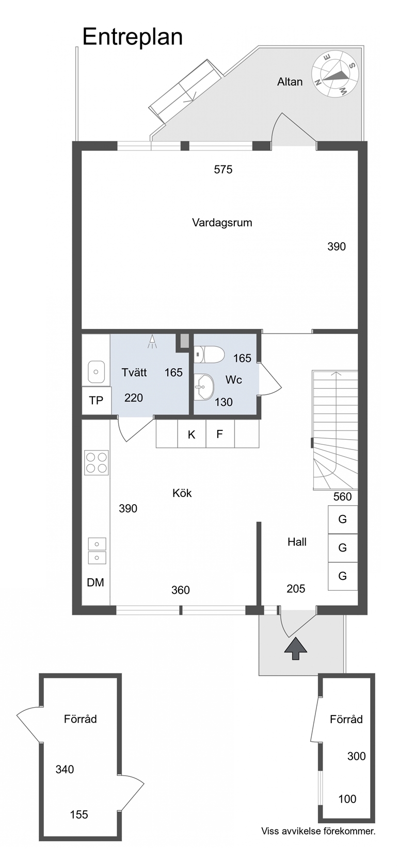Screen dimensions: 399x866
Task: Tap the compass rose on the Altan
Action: tap(335, 75)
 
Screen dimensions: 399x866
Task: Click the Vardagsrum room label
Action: tap(222, 223)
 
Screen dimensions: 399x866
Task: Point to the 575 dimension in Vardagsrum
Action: tap(224, 169)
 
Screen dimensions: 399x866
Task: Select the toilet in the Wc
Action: tap(209, 354)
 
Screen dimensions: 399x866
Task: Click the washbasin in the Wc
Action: tap(203, 387)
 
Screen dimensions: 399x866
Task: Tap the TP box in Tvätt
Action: tap(97, 401)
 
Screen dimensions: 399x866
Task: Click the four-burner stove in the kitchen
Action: tap(97, 463)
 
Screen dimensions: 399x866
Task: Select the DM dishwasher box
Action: tap(95, 582)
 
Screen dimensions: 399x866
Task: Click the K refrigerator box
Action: tap(191, 434)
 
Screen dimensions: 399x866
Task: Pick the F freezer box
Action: tap(220, 434)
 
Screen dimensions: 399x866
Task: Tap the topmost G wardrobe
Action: tap(343, 520)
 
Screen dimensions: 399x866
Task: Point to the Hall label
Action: tap(297, 542)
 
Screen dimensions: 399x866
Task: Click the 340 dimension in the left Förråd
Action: tap(65, 769)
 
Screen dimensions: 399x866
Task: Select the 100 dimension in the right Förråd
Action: tap(347, 799)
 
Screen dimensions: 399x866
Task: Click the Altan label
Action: tap(290, 81)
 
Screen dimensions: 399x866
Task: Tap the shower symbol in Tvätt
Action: tap(152, 341)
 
